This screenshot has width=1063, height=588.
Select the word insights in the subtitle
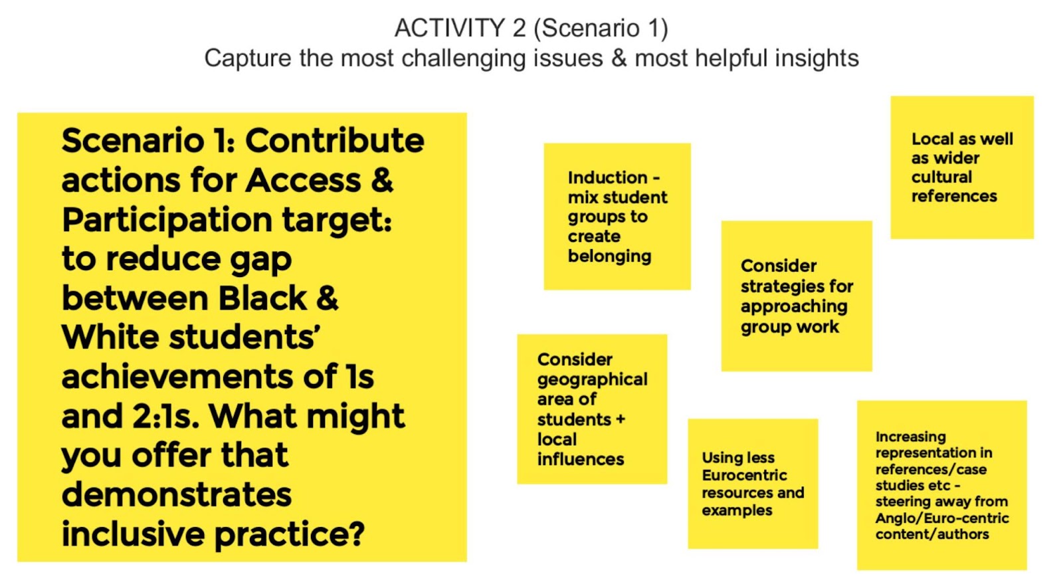(817, 58)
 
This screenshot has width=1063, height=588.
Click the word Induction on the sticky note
(607, 177)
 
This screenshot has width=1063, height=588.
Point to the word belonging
(609, 256)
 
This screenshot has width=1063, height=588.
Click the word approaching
(794, 306)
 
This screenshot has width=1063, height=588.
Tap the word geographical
(592, 379)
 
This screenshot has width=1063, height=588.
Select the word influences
(581, 459)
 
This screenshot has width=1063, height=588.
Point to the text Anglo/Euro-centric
(942, 518)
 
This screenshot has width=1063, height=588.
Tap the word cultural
(941, 177)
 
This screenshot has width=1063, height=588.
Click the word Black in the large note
(262, 298)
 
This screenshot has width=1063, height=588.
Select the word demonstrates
(177, 495)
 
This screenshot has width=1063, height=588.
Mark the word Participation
(167, 220)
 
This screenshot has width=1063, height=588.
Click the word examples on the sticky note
(737, 511)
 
